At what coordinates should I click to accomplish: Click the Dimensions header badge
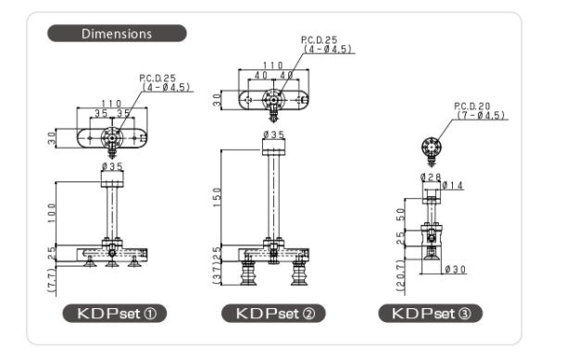[x=117, y=33]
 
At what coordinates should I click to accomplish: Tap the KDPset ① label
[x=115, y=313]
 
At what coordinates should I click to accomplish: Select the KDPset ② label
[x=273, y=313]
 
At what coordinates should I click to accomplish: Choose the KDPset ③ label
[x=431, y=313]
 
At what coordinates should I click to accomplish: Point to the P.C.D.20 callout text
[x=472, y=106]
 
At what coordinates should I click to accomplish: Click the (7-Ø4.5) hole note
[x=481, y=116]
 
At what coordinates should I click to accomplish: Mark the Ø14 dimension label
[x=453, y=185]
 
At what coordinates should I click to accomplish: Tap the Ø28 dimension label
[x=431, y=177]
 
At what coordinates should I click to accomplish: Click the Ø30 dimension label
[x=456, y=269]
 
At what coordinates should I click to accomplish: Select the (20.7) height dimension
[x=401, y=276]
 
